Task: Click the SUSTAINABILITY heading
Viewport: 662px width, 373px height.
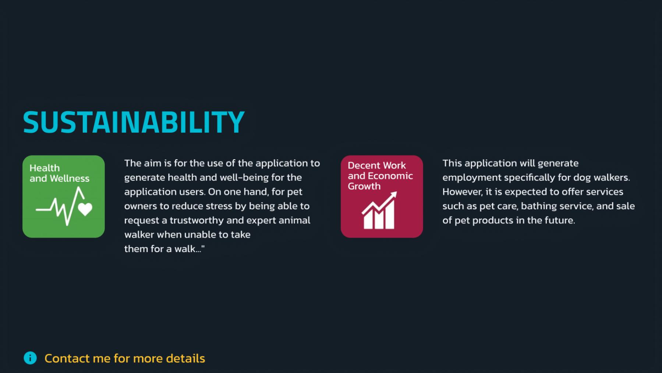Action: click(x=134, y=122)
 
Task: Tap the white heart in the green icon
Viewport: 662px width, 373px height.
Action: click(x=85, y=209)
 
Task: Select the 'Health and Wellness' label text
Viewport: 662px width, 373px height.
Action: click(x=59, y=173)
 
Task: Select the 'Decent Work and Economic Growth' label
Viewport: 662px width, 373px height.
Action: click(x=380, y=176)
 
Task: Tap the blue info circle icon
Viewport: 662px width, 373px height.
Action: click(x=30, y=358)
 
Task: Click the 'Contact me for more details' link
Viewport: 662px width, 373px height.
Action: click(x=125, y=358)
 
